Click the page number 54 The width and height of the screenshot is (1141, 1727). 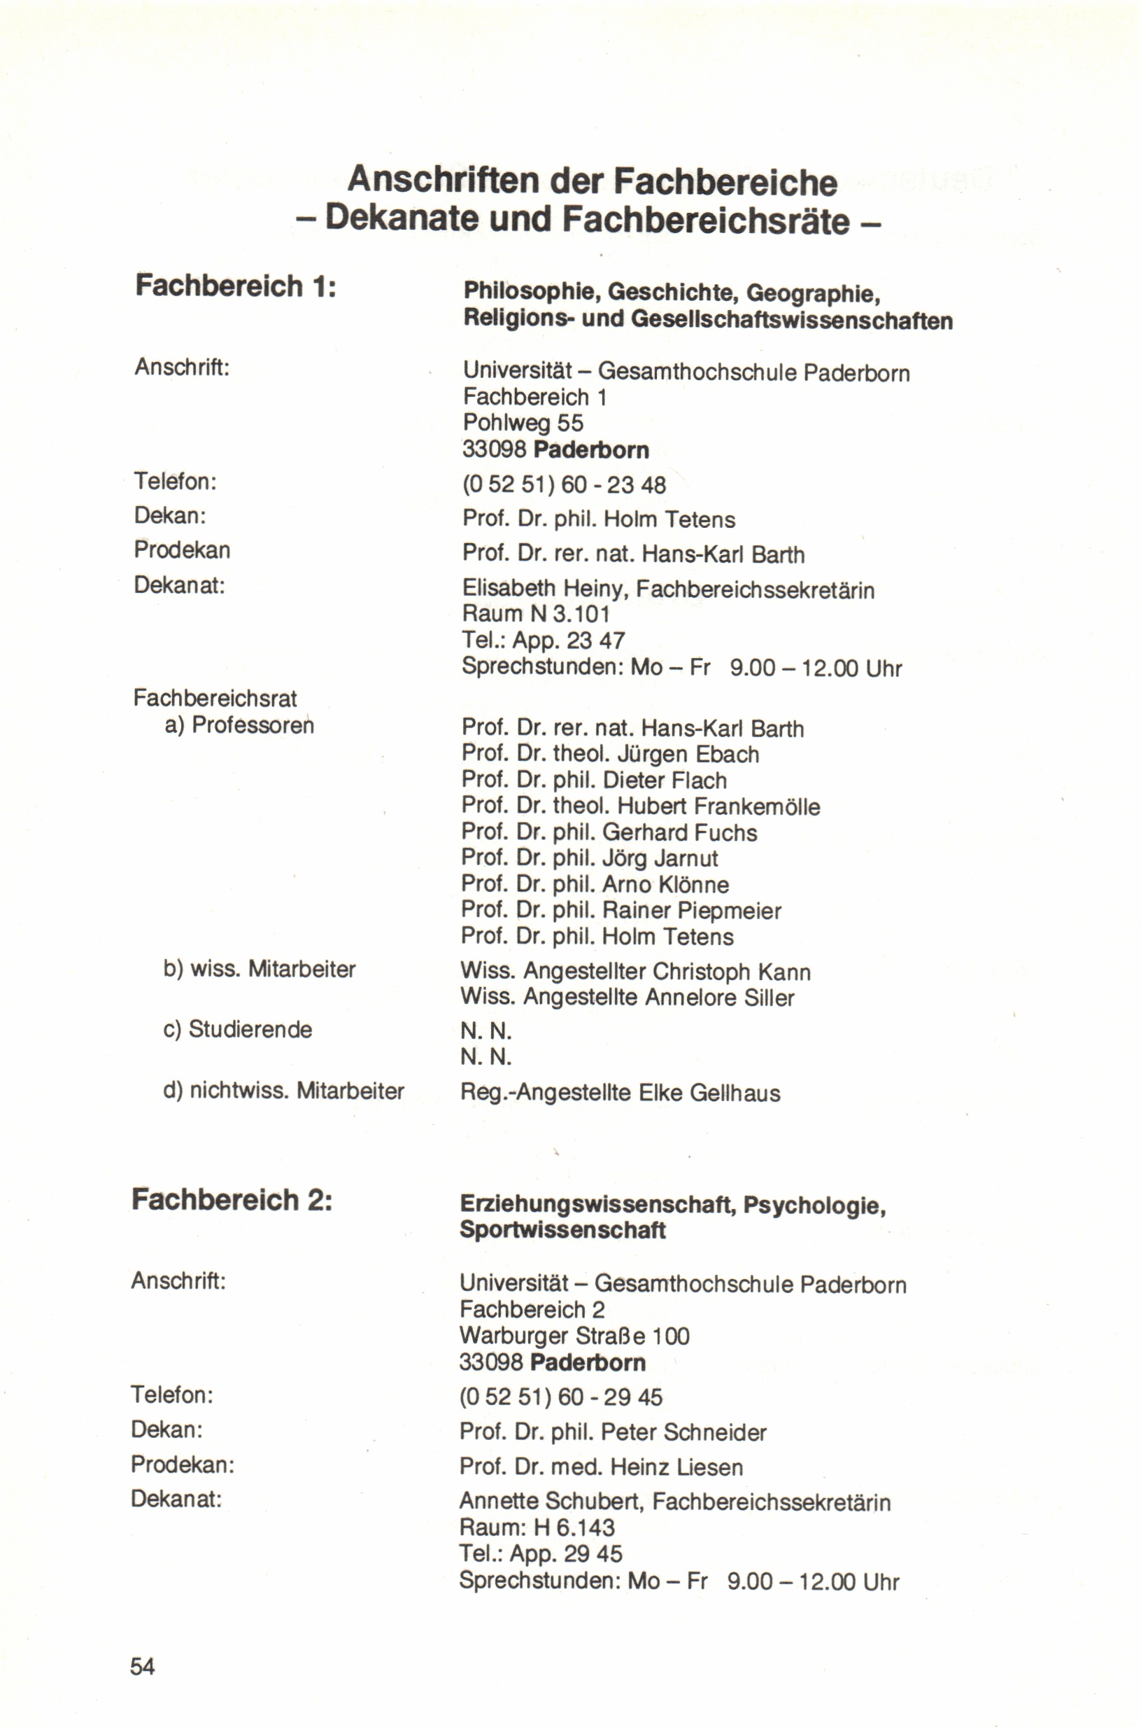pyautogui.click(x=142, y=1666)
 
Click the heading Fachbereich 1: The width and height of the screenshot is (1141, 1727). pyautogui.click(x=236, y=286)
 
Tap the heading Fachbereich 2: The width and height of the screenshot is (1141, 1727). pyautogui.click(x=232, y=1199)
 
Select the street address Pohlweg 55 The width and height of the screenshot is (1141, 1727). pyautogui.click(x=523, y=423)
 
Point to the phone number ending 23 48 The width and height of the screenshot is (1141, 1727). pyautogui.click(x=564, y=484)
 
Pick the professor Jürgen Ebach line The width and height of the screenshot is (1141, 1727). pyautogui.click(x=611, y=754)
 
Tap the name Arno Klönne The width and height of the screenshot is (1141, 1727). pyautogui.click(x=666, y=885)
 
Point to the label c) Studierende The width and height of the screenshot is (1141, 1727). pyautogui.click(x=238, y=1029)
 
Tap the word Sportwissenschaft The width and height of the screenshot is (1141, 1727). pyautogui.click(x=562, y=1230)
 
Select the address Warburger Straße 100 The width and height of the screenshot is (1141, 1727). pyautogui.click(x=574, y=1336)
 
